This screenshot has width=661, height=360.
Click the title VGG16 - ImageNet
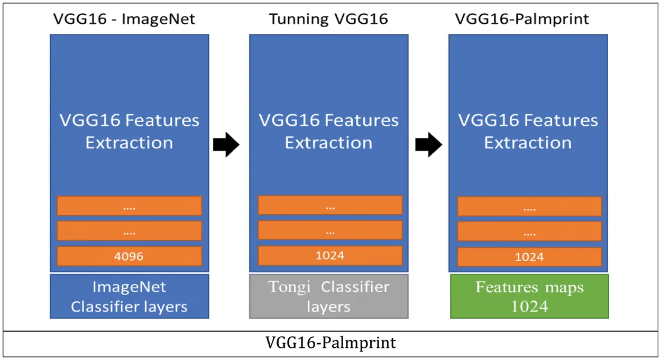click(124, 20)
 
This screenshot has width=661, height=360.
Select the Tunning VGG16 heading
click(328, 20)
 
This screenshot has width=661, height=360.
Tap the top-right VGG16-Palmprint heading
click(522, 20)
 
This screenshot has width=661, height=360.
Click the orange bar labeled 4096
click(129, 256)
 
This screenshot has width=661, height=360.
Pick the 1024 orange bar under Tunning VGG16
click(330, 256)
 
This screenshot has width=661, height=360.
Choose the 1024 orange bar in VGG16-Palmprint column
click(529, 257)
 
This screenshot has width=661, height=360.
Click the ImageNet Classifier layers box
click(129, 297)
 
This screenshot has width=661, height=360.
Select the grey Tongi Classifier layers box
click(328, 297)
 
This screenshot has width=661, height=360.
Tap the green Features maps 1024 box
click(529, 297)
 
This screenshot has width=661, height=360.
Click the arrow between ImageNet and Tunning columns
click(226, 144)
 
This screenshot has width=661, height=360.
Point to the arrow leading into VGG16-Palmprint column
click(428, 144)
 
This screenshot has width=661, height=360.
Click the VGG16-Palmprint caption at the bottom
click(331, 343)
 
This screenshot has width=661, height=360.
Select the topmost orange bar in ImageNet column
click(129, 206)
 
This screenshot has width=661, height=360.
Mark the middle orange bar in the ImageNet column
click(129, 231)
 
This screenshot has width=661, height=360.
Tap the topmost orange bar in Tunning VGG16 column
click(330, 206)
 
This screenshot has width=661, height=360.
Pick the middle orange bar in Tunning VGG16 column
click(330, 230)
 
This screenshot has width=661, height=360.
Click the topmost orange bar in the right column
click(529, 207)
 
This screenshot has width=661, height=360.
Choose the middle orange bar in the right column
click(529, 232)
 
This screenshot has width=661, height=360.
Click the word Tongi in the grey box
click(291, 287)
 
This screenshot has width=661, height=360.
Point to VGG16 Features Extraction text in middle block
click(328, 132)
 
